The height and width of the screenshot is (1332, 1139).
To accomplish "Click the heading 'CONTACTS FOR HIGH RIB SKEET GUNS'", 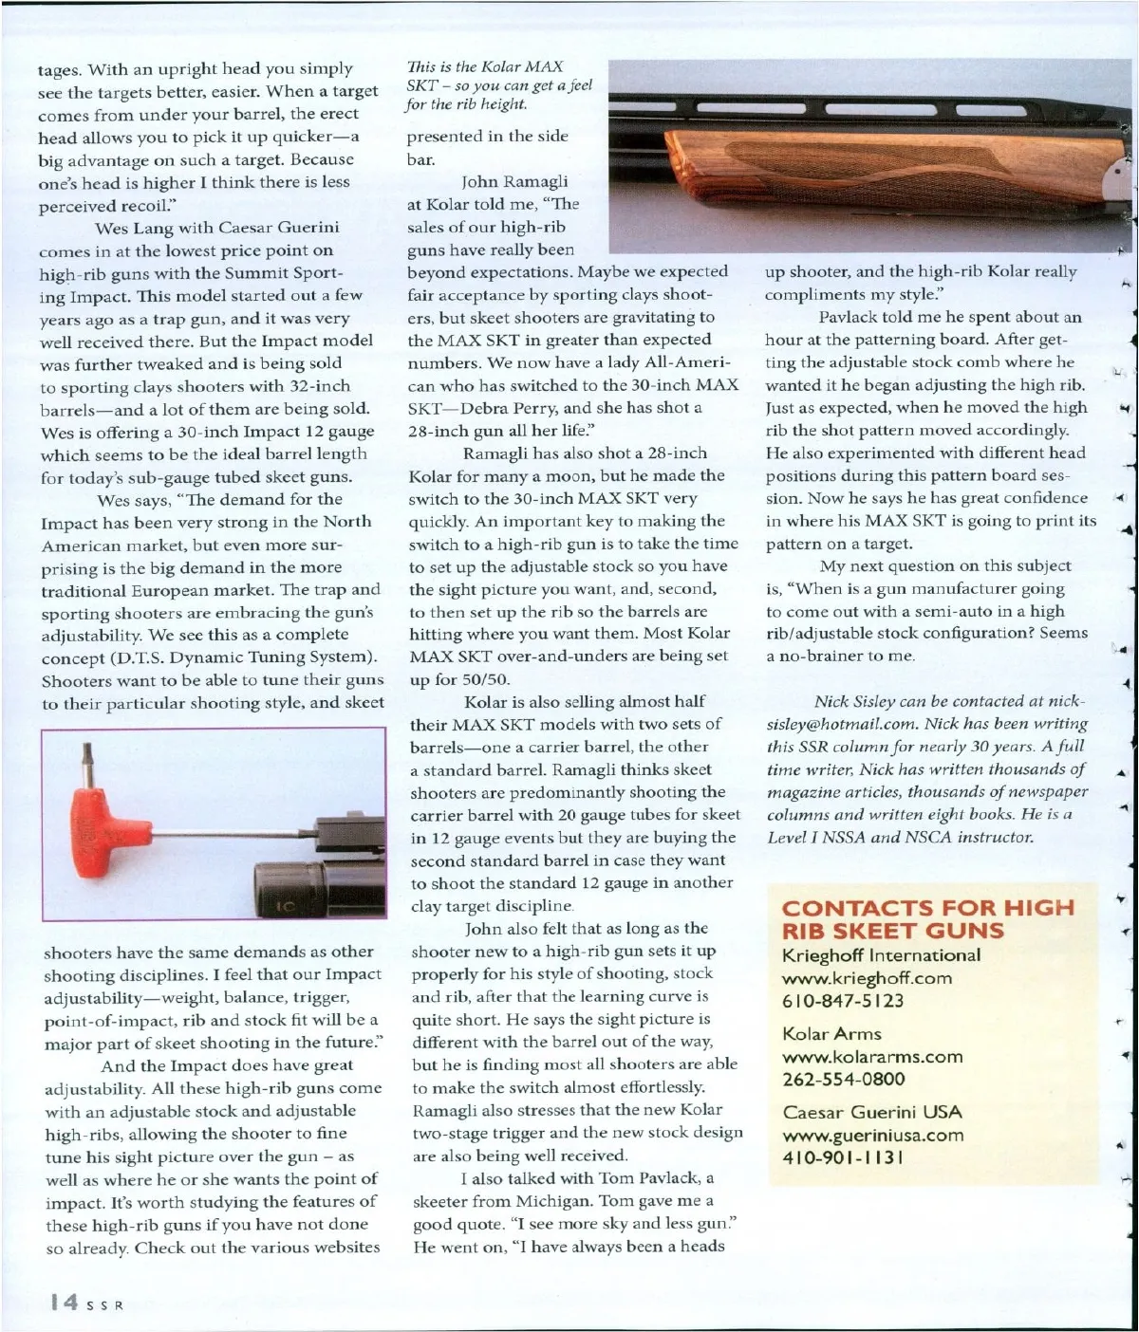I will coord(928,918).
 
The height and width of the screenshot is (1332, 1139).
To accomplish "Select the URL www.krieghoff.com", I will coord(867,978).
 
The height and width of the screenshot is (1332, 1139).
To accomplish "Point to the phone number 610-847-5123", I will coord(843,1001).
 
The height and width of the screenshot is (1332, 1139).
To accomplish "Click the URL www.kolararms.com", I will coord(872,1056).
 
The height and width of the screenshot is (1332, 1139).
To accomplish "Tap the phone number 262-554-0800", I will coord(844,1079).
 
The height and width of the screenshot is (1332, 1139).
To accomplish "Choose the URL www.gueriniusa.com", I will coord(872,1135).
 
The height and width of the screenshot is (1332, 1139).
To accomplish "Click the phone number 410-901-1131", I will coord(842,1157).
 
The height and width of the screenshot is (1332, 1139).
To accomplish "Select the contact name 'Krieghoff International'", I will coord(881,955).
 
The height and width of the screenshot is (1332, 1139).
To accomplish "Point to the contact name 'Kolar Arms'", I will coord(831,1033).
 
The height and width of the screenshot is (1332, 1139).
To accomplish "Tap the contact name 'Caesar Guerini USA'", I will coord(872,1112).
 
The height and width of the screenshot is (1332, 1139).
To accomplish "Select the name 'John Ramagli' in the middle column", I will coord(514,181).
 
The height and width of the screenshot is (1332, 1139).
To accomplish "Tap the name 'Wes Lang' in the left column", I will coord(130,228).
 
